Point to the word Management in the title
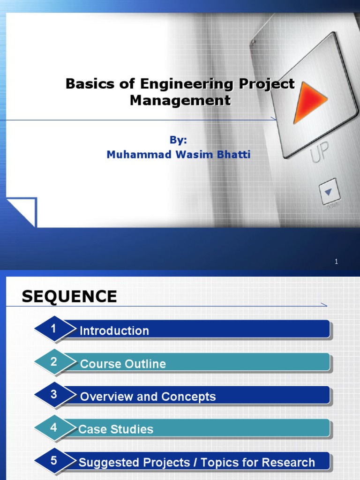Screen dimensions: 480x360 point(180,100)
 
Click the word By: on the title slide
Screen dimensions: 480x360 point(178,140)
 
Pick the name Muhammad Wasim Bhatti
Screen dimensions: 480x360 point(178,154)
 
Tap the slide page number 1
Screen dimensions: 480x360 point(336,262)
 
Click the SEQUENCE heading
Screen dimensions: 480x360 point(69,296)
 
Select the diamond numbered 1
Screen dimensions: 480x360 point(54,329)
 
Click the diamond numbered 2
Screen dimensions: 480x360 point(54,362)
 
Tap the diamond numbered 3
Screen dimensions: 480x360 point(54,395)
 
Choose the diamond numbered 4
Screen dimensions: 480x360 point(54,427)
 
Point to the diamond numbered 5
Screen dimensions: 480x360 point(54,460)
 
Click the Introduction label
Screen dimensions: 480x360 point(114,331)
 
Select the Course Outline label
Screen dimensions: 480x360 point(123,364)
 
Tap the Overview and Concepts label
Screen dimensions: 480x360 point(148,397)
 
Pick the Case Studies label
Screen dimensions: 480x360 point(116,429)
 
